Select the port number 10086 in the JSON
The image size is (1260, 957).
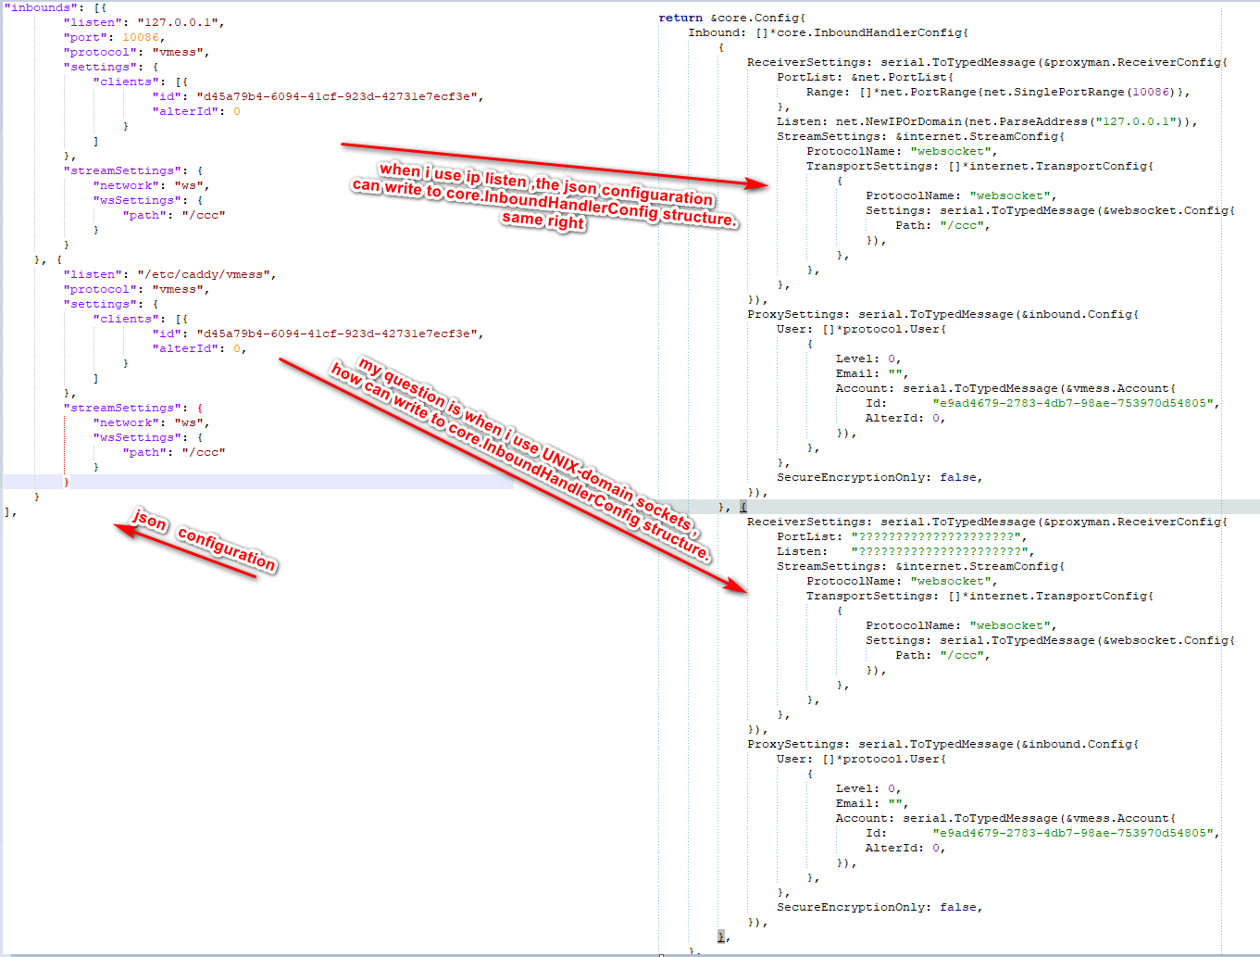(141, 37)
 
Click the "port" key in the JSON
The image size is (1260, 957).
(84, 37)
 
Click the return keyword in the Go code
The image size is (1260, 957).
(680, 18)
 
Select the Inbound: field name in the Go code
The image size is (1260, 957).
(717, 32)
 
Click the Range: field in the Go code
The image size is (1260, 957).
(827, 92)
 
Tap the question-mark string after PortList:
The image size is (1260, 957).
(937, 536)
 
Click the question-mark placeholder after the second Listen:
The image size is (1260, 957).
(941, 551)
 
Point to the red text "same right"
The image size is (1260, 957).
(543, 221)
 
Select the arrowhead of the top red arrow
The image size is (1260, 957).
(759, 184)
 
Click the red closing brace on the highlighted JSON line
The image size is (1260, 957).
(66, 482)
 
